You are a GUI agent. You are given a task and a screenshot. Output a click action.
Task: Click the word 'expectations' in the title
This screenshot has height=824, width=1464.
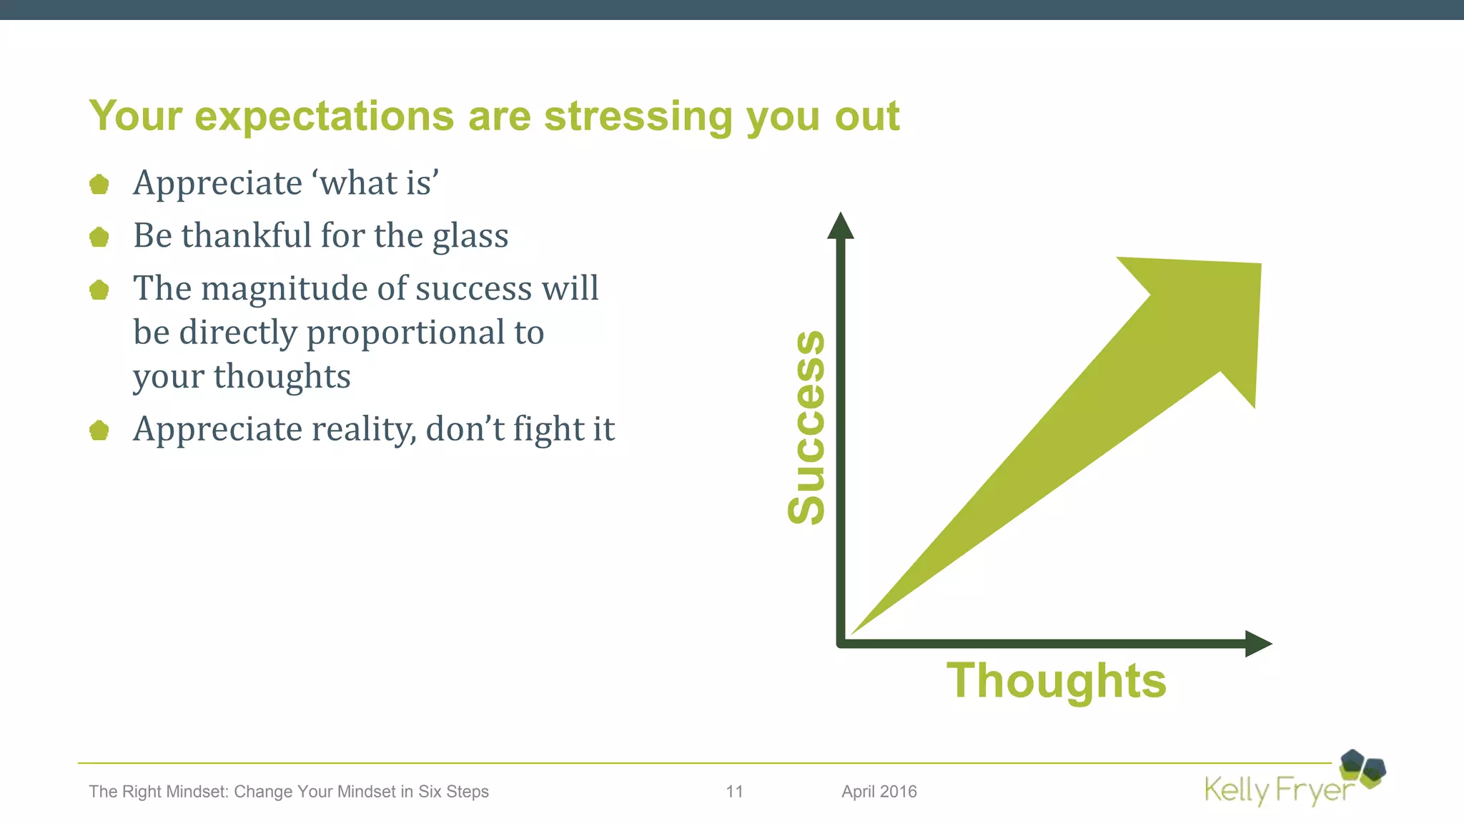[x=324, y=116]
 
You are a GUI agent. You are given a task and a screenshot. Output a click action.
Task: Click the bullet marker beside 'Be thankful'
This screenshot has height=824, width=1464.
[x=99, y=237]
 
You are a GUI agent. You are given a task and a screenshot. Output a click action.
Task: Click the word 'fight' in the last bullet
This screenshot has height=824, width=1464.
[x=548, y=429]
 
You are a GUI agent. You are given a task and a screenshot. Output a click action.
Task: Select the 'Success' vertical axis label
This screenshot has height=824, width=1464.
[x=806, y=427]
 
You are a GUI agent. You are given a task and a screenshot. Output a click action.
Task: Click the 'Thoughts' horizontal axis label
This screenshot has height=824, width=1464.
[x=1056, y=680]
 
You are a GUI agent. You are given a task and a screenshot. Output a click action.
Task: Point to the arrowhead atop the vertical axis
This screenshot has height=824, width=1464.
[x=841, y=226]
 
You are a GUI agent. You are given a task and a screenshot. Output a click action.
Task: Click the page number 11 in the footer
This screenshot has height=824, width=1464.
[x=734, y=792]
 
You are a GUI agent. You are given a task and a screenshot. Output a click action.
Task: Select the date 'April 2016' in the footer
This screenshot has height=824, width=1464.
[x=879, y=792]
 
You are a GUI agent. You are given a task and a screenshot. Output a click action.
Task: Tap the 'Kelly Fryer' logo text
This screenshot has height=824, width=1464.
[x=1277, y=791]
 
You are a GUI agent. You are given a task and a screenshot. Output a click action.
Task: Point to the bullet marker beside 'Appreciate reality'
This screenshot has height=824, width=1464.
[x=99, y=431]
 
